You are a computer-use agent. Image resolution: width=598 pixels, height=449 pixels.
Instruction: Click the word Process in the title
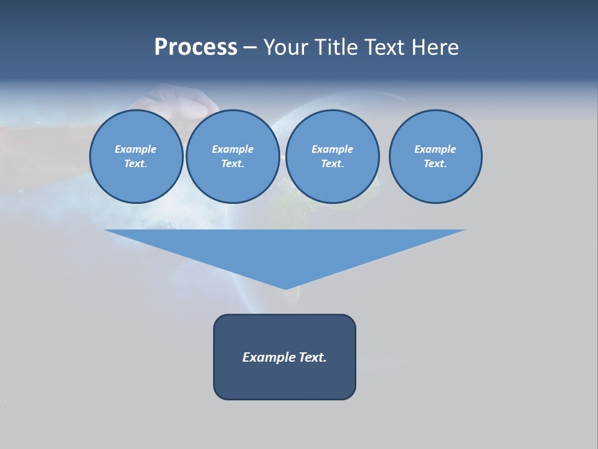tap(196, 47)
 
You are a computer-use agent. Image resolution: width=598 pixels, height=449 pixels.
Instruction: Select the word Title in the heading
tap(337, 47)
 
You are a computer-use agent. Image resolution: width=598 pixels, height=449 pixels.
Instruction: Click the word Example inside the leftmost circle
tap(136, 149)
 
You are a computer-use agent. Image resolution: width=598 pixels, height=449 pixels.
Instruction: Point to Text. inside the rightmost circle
tap(435, 163)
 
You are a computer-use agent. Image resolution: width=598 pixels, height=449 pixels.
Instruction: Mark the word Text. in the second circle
tap(232, 163)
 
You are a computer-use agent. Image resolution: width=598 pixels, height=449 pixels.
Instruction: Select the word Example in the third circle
tap(332, 149)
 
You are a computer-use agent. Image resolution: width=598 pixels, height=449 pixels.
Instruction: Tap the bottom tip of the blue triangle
tap(285, 287)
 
